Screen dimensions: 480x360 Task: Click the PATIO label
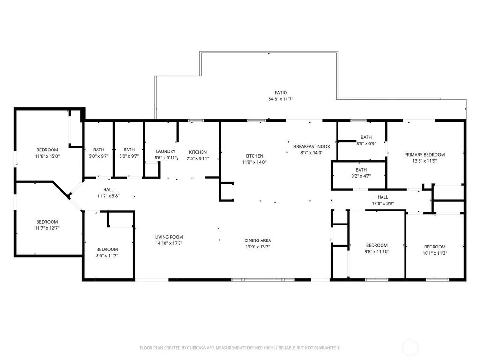pyautogui.click(x=281, y=93)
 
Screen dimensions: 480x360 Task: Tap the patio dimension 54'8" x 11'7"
pyautogui.click(x=281, y=99)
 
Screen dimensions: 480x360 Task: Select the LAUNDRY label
pyautogui.click(x=165, y=151)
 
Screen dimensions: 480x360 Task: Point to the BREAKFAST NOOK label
pyautogui.click(x=312, y=147)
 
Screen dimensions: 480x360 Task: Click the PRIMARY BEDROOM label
pyautogui.click(x=425, y=155)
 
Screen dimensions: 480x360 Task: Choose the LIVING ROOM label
pyautogui.click(x=169, y=237)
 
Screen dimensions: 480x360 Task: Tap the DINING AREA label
pyautogui.click(x=257, y=240)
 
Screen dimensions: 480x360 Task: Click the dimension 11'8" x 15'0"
pyautogui.click(x=47, y=156)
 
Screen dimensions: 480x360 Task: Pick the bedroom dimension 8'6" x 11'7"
pyautogui.click(x=107, y=256)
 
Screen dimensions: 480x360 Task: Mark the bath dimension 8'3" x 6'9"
pyautogui.click(x=366, y=143)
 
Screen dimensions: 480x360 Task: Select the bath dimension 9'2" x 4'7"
pyautogui.click(x=361, y=176)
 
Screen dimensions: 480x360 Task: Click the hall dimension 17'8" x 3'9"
pyautogui.click(x=382, y=203)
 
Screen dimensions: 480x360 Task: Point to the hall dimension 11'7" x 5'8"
pyautogui.click(x=108, y=196)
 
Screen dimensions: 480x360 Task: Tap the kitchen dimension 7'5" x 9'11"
pyautogui.click(x=198, y=158)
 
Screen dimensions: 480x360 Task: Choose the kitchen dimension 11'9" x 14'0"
pyautogui.click(x=254, y=162)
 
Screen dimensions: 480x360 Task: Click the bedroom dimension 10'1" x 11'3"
pyautogui.click(x=435, y=253)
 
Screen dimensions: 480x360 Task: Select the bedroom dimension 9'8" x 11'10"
pyautogui.click(x=376, y=252)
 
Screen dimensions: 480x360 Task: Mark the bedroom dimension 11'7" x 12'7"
pyautogui.click(x=47, y=228)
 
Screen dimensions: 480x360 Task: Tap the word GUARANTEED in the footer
pyautogui.click(x=329, y=348)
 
